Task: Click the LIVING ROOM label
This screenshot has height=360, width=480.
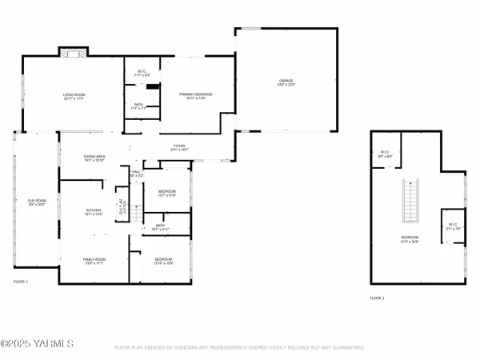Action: (x=74, y=97)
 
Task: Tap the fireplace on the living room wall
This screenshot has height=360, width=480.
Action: (x=70, y=53)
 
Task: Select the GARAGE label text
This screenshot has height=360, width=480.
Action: (x=286, y=82)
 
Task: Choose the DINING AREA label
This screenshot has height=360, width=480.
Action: (x=95, y=158)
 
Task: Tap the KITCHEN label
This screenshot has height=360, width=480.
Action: (x=94, y=213)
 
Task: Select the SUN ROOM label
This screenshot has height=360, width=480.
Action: (x=37, y=202)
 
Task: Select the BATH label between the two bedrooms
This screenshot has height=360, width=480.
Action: (x=167, y=226)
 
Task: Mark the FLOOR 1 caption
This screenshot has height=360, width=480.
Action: (x=20, y=282)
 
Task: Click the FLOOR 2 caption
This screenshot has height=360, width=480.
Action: (x=377, y=297)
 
